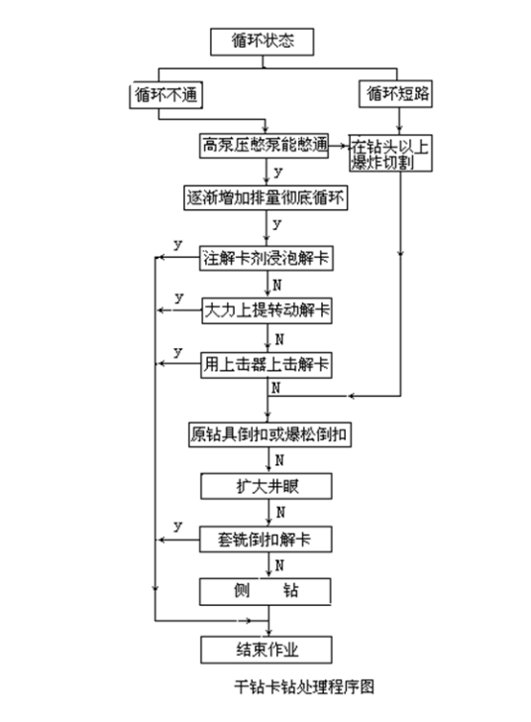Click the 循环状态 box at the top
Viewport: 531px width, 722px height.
coord(264,43)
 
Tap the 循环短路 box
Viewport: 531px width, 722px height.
coord(398,95)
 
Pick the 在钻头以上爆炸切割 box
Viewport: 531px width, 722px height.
coord(394,154)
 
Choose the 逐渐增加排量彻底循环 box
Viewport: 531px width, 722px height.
coord(265,196)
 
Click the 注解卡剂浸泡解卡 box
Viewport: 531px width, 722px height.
coord(265,259)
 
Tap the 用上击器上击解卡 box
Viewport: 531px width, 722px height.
coord(265,364)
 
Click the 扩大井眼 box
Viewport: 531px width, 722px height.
coord(265,486)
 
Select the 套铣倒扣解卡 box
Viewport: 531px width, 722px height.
coord(265,540)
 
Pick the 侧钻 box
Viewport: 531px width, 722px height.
coord(265,592)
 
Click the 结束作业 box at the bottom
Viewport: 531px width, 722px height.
coord(265,650)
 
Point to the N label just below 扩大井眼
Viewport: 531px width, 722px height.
coord(280,513)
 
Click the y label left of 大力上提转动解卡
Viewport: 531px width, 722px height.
coord(177,298)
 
